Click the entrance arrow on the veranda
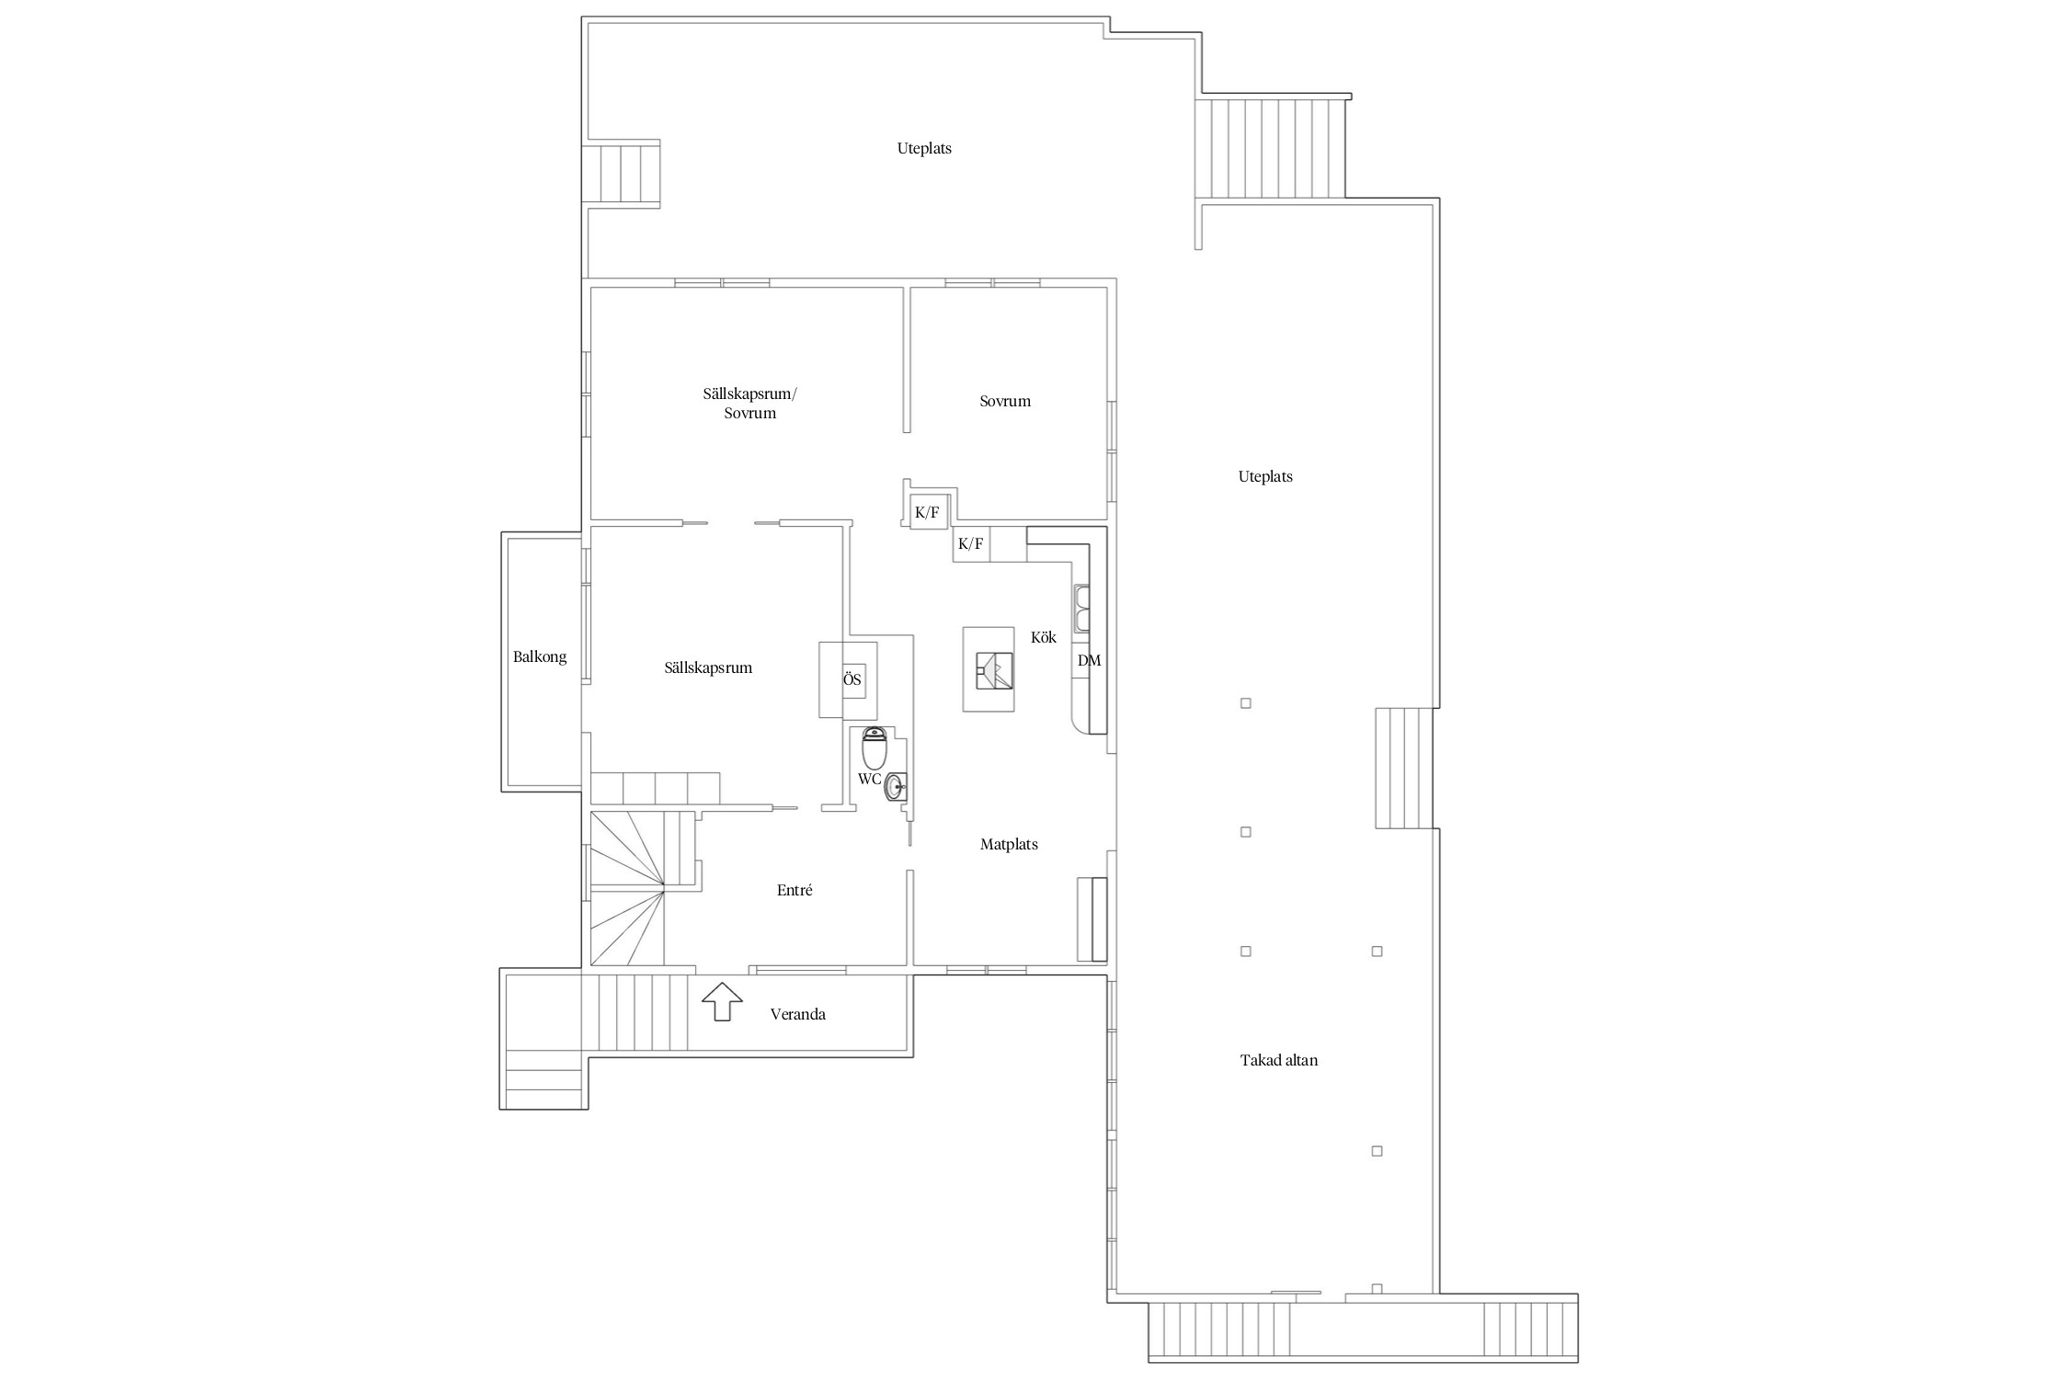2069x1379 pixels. coord(722,1001)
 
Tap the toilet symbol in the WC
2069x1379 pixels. coord(874,747)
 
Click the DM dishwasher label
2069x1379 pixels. coord(1089,660)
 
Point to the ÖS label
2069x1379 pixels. coord(852,680)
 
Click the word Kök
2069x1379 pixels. coord(1044,637)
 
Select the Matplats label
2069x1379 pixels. coord(1009,844)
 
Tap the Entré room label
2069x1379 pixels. coord(794,890)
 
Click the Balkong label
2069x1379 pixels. coord(540,657)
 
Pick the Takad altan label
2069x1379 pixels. coord(1279,1060)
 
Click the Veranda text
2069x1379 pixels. coord(798,1014)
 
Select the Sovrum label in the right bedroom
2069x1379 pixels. coord(1005,401)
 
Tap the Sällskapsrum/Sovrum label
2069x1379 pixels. coord(750,403)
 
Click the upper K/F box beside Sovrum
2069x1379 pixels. coord(928,512)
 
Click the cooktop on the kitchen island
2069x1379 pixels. coord(995,670)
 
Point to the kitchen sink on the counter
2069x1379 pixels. coord(1082,608)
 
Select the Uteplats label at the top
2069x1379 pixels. coord(924,148)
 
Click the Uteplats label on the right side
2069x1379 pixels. coord(1265,476)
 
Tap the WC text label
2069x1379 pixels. coord(869,780)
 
